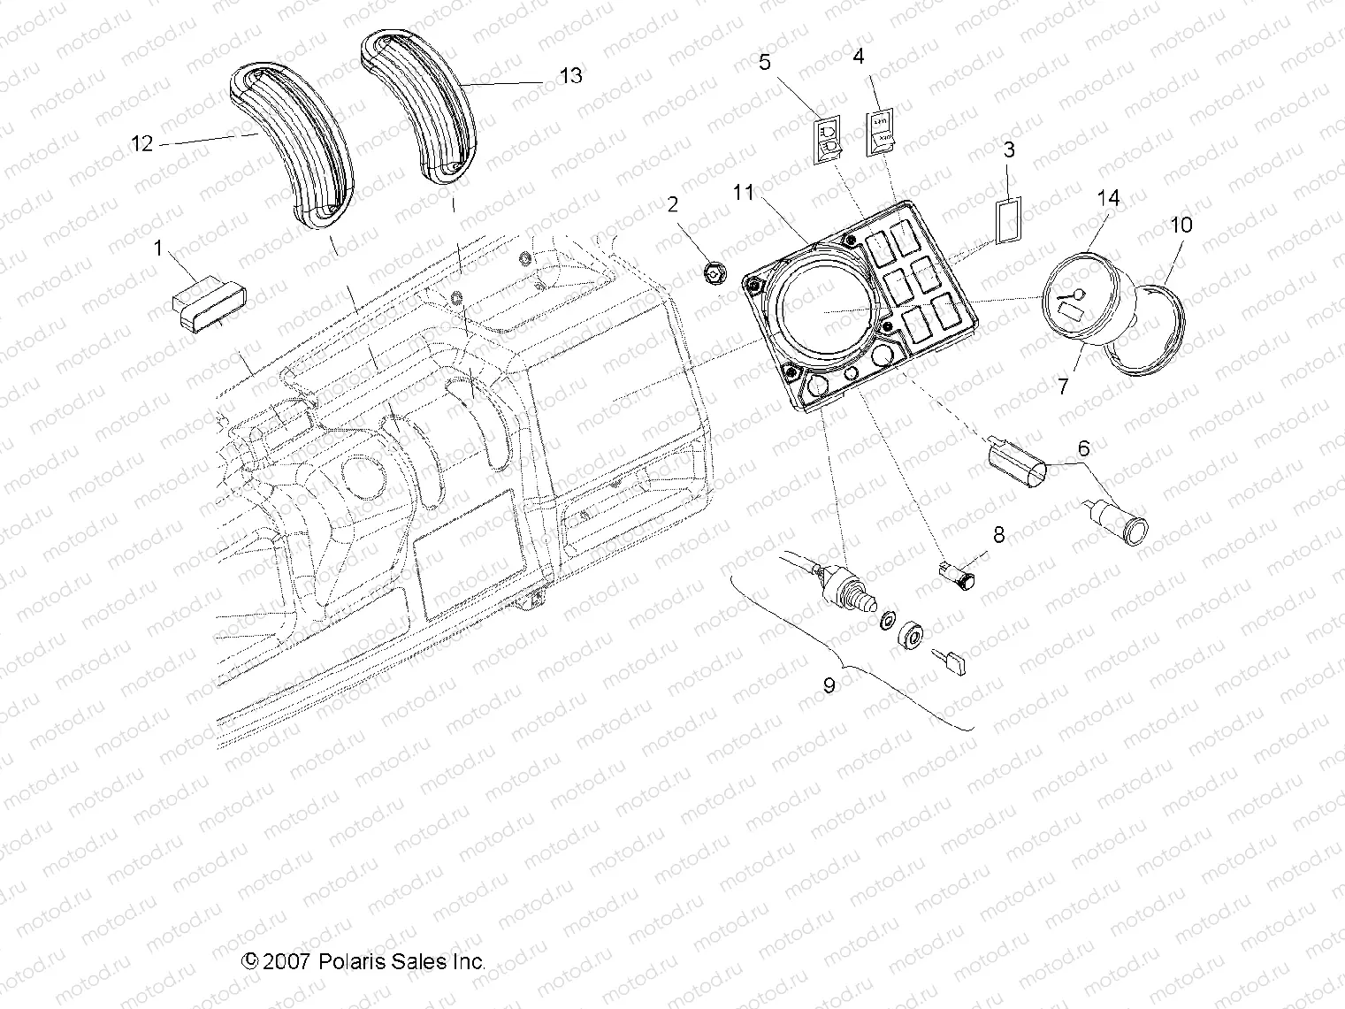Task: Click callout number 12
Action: (141, 142)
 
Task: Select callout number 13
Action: (571, 76)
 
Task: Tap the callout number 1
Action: (158, 248)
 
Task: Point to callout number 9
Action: (829, 685)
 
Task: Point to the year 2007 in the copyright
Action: (285, 961)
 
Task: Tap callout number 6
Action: (1082, 449)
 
